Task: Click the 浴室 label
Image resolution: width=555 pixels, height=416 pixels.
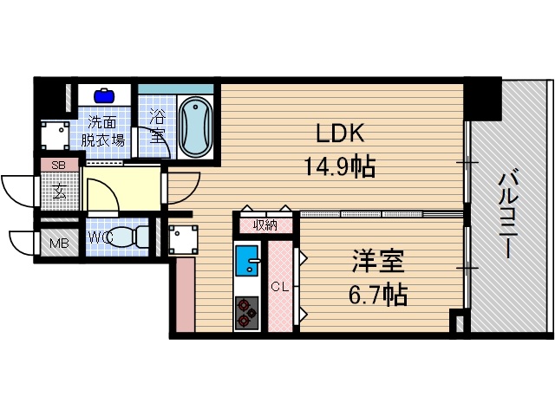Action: (x=157, y=125)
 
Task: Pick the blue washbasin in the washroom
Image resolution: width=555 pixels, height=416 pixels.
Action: (x=106, y=94)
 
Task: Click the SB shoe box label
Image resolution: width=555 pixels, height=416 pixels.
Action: (x=59, y=165)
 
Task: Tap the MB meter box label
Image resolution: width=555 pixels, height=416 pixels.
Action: (x=59, y=243)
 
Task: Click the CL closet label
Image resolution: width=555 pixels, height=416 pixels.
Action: (x=279, y=287)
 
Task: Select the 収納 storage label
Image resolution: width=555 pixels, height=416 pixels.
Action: (x=265, y=225)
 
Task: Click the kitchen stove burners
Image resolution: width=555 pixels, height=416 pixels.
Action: (x=247, y=312)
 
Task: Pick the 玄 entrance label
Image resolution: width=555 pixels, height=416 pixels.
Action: (x=60, y=191)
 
